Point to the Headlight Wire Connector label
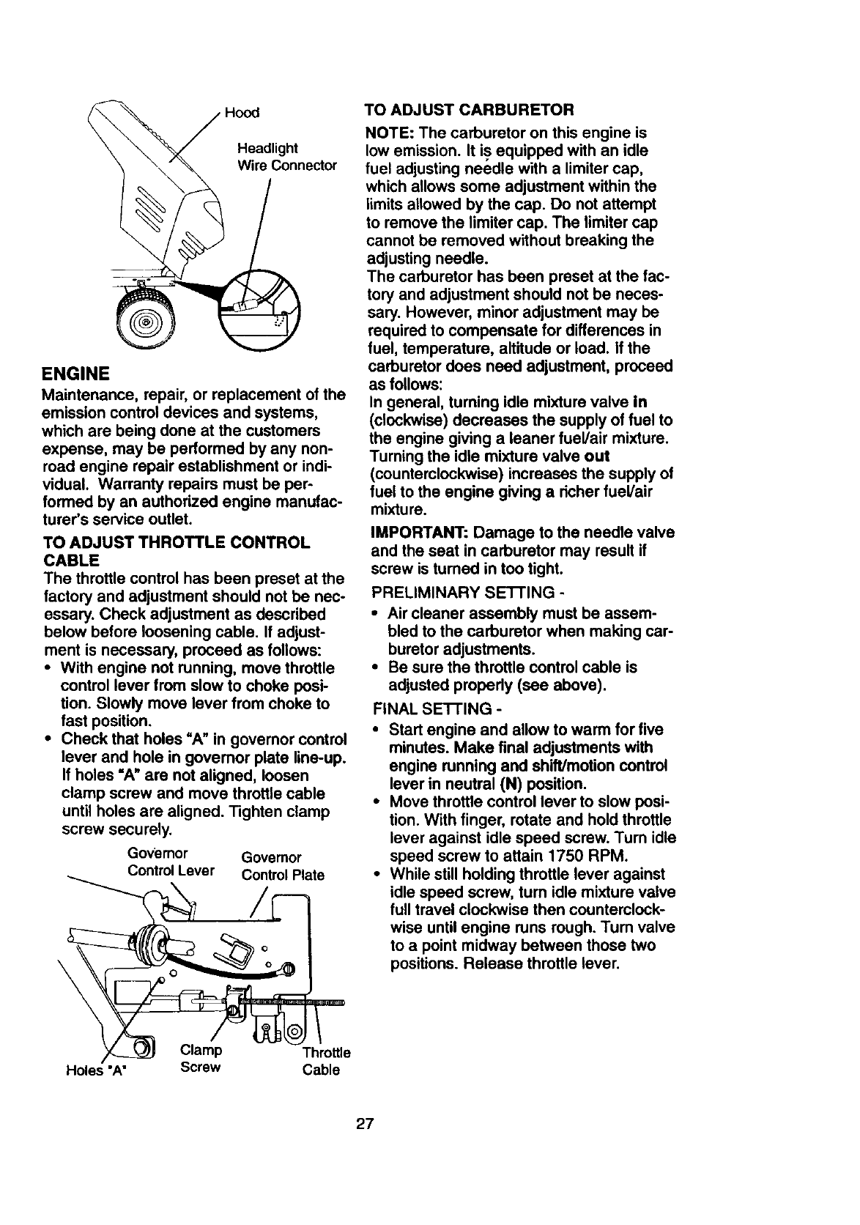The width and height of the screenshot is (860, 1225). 282,156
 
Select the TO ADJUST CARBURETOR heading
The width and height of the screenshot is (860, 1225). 469,110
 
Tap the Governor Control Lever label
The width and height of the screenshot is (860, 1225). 170,862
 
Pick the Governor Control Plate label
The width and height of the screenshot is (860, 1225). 282,866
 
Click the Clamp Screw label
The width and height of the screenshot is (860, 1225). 201,1058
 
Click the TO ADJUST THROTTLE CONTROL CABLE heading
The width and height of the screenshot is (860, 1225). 176,552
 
